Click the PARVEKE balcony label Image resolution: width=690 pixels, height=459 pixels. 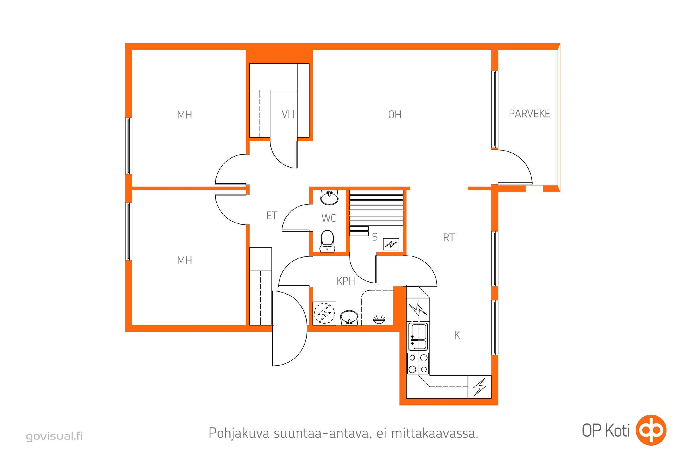coord(529,114)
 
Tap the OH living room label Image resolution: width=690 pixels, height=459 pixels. coord(394,115)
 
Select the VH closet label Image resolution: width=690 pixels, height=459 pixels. coord(288,114)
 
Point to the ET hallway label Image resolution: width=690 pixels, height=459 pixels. coord(272,216)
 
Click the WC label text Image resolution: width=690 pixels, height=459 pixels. coord(329,218)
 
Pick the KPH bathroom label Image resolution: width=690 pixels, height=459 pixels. coord(346,281)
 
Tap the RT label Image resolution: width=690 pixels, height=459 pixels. coord(449,238)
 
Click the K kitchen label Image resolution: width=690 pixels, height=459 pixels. coord(457,335)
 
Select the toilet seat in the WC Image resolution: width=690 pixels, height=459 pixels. coord(327,241)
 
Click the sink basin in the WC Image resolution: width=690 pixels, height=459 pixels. coord(330,198)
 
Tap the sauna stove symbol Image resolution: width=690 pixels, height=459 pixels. coord(391,244)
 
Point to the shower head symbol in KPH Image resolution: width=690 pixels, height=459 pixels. coord(379,319)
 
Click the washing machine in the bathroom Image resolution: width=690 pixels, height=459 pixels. coord(324,313)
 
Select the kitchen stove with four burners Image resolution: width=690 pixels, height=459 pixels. coord(418,363)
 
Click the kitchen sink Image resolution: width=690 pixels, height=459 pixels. coord(418,337)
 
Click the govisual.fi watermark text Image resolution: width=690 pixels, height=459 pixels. coord(54,436)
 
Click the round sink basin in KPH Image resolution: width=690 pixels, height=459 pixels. coord(349,318)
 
